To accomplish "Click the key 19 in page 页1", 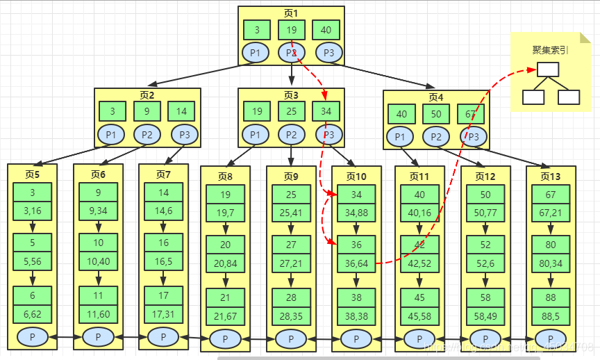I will [x=291, y=30].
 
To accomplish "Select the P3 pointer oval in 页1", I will [x=328, y=53].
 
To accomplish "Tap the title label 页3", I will [x=290, y=95].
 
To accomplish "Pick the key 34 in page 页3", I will [x=326, y=111].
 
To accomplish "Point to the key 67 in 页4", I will [x=471, y=114].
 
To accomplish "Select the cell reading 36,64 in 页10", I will [x=356, y=262].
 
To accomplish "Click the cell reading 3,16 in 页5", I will [x=32, y=210].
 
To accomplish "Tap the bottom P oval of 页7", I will [x=163, y=337].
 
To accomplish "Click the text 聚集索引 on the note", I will [x=550, y=50].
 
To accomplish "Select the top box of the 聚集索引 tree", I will [x=547, y=69].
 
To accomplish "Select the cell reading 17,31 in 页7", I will [x=163, y=313].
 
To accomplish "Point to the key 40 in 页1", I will [x=326, y=30].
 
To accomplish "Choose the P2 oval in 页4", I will [x=436, y=137].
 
